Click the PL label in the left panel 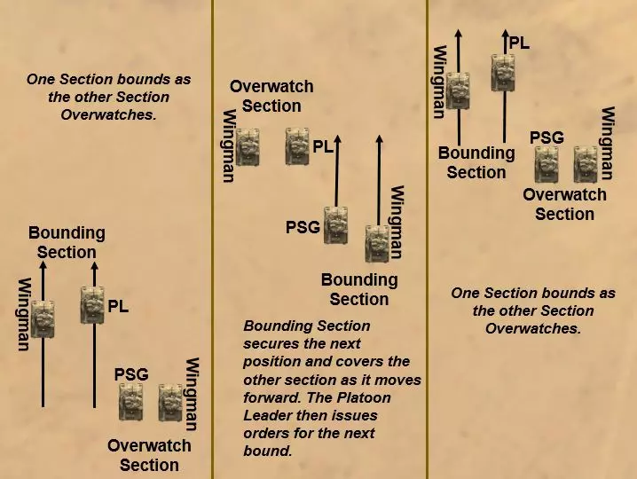pos(119,307)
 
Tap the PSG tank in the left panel pos(131,402)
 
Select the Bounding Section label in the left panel pos(67,242)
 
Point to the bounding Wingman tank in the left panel pos(43,319)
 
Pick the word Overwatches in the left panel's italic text pos(108,115)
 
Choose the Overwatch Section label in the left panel pos(149,455)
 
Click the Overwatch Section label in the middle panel pos(271,97)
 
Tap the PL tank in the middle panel pos(297,147)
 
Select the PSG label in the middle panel pos(303,227)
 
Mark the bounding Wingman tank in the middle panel pos(378,242)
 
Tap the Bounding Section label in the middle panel pos(359,289)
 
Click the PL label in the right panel pos(519,42)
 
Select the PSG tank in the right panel pos(547,165)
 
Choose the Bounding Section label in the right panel pos(476,162)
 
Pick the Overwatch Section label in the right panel pos(564,204)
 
